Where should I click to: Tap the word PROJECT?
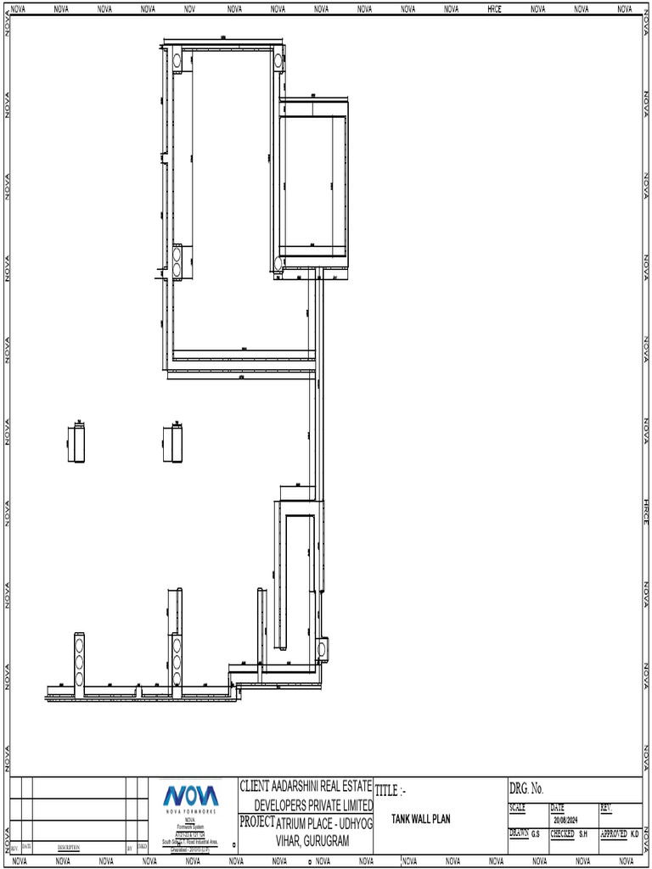tap(257, 821)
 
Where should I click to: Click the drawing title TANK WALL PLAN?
tap(421, 819)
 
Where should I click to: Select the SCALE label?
tap(517, 807)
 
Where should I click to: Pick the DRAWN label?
tap(518, 834)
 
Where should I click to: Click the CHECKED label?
tap(562, 834)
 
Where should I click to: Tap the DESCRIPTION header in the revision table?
tap(69, 847)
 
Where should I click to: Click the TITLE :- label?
tap(391, 790)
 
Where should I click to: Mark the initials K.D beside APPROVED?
tap(634, 834)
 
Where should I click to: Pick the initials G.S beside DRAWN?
tap(536, 834)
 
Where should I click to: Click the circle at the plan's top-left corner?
tap(177, 60)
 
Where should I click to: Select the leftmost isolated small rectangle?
tap(76, 444)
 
